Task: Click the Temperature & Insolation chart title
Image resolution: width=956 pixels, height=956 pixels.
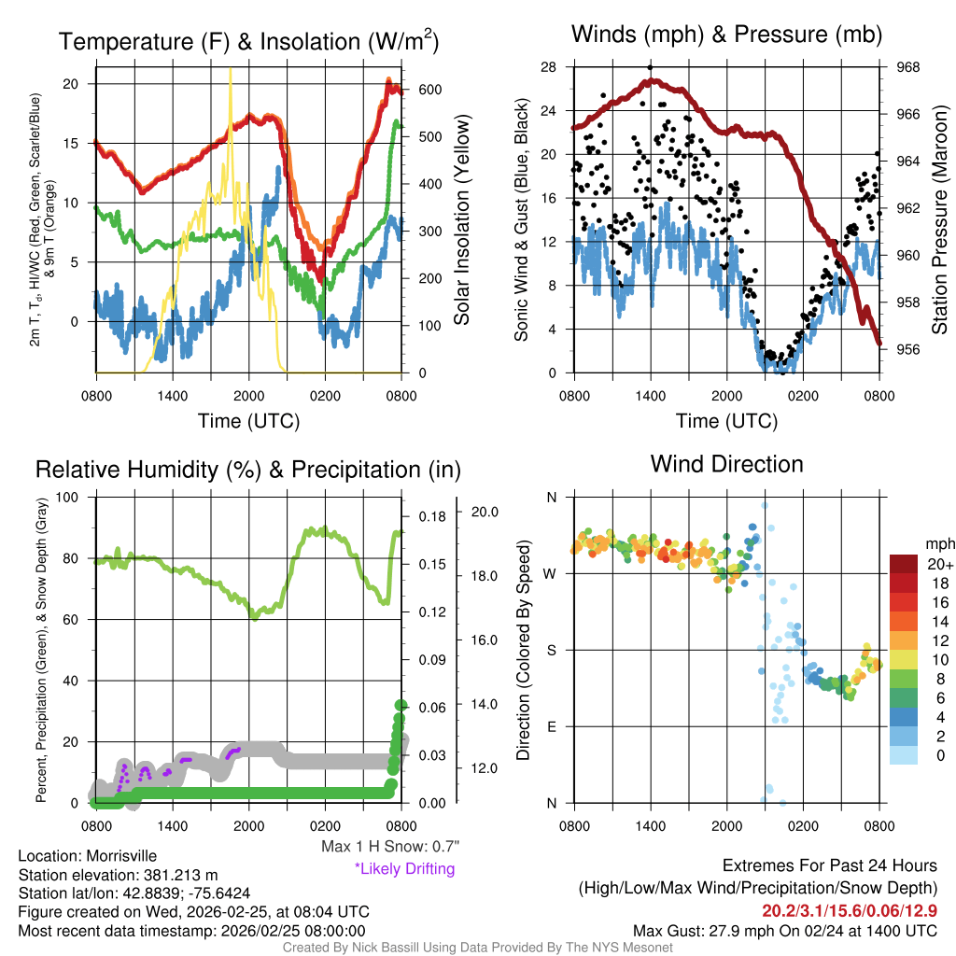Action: [x=248, y=42]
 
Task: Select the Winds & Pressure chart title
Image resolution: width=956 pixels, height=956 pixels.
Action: [x=727, y=35]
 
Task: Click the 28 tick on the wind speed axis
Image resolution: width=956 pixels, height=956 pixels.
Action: [x=549, y=67]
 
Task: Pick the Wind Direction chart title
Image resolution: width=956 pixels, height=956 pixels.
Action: [x=727, y=463]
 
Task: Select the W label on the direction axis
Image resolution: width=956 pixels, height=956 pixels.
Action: [x=551, y=573]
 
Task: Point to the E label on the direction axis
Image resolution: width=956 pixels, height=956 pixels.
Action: [x=552, y=726]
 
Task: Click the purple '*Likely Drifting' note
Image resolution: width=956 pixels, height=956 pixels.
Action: [x=404, y=868]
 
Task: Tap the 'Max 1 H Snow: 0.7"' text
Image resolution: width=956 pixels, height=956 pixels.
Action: [x=390, y=847]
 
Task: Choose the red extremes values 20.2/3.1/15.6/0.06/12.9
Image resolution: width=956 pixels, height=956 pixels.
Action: [x=850, y=910]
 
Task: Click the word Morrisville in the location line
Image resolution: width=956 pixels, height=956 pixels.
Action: [x=121, y=855]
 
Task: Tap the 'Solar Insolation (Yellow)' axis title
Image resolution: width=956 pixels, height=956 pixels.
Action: [x=461, y=220]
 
